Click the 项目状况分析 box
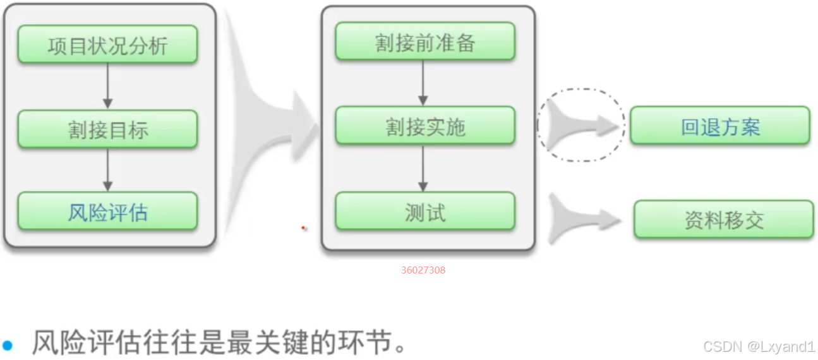(x=107, y=45)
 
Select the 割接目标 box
(x=107, y=129)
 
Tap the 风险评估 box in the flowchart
(x=107, y=212)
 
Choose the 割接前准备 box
(x=424, y=42)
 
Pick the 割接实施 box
(x=424, y=126)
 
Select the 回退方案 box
(x=719, y=126)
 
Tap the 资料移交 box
(x=723, y=220)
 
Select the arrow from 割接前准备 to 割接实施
(x=423, y=84)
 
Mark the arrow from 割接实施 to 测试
(x=423, y=169)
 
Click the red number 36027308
(x=423, y=270)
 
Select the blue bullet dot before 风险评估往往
(x=8, y=345)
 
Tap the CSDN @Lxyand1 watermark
(x=759, y=346)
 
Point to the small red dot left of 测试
(x=304, y=227)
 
